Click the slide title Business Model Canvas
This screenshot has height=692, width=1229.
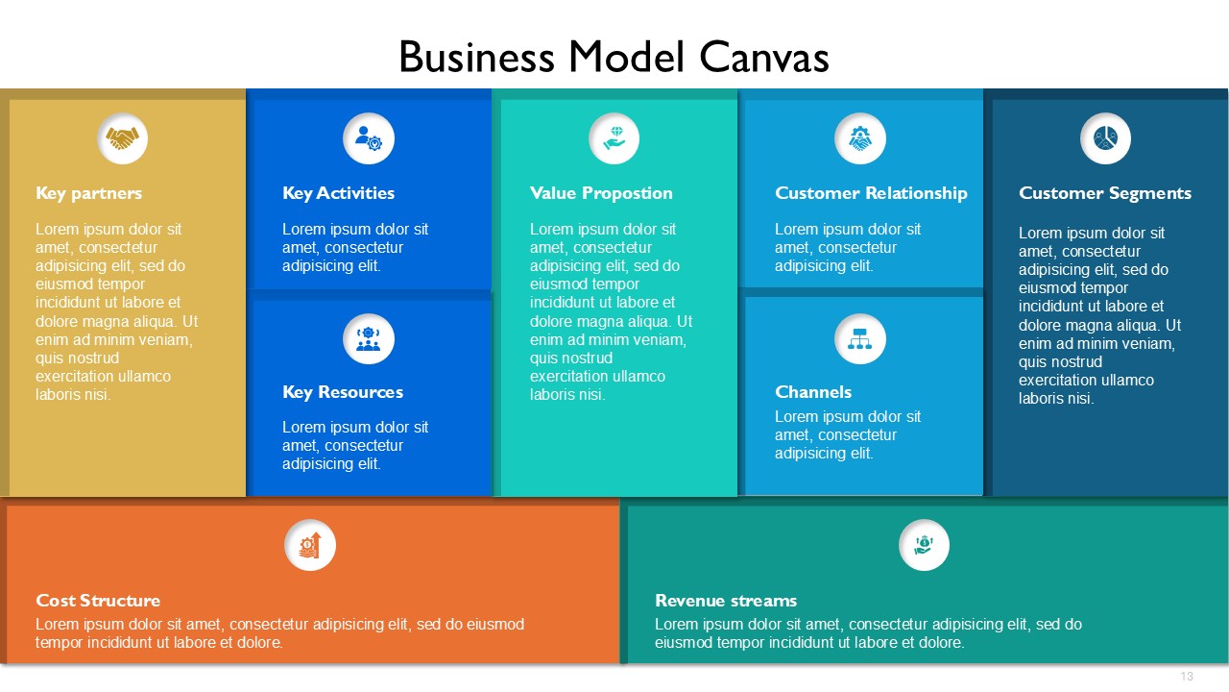[x=614, y=57]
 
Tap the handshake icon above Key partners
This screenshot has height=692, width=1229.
[x=122, y=138]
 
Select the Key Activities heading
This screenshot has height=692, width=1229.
[x=338, y=193]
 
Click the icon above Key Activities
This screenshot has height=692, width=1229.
[x=369, y=138]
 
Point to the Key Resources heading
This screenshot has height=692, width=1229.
[x=343, y=392]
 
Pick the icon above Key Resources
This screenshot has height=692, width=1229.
[x=368, y=339]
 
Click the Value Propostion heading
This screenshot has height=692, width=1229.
[x=601, y=193]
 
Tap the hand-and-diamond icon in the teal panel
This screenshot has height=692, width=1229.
[x=614, y=138]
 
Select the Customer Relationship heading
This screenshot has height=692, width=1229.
[x=871, y=193]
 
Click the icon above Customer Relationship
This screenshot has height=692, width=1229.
[x=859, y=138]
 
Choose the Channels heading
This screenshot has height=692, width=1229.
[x=813, y=392]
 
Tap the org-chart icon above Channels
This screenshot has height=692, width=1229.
[x=859, y=339]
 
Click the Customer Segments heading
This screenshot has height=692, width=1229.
[x=1105, y=193]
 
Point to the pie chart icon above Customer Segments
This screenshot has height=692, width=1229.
[x=1105, y=138]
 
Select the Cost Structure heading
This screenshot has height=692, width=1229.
[x=98, y=601]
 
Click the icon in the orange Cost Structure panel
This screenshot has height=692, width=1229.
[x=310, y=545]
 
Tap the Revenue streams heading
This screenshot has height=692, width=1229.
[x=725, y=601]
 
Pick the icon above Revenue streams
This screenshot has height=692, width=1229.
[x=924, y=545]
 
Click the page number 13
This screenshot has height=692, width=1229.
[x=1187, y=676]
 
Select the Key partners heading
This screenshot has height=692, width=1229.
[x=89, y=193]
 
